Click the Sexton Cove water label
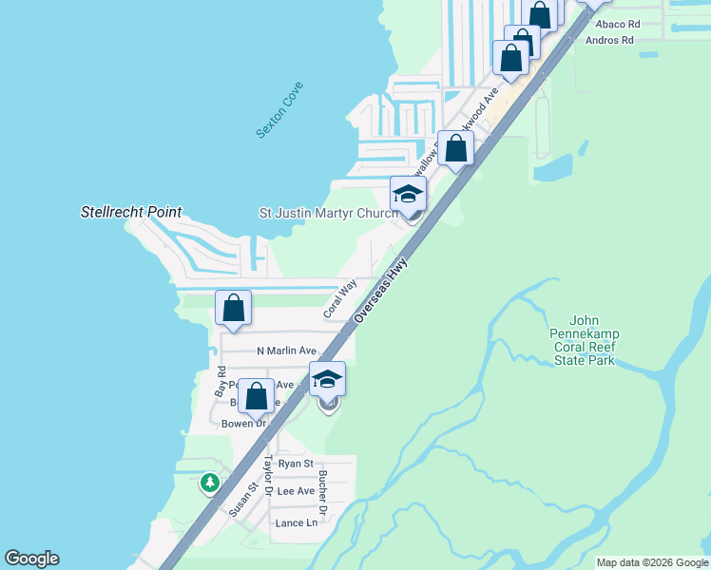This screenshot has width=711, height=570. click(x=279, y=116)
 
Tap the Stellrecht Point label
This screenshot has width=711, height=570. click(x=131, y=212)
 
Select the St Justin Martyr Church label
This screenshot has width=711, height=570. click(x=328, y=214)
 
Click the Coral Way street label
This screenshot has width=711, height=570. click(x=338, y=297)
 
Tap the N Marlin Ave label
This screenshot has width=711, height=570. click(x=286, y=351)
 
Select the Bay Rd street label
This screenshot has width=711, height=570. click(x=221, y=382)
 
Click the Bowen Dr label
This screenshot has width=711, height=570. click(x=244, y=424)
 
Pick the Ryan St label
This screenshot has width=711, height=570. click(x=295, y=464)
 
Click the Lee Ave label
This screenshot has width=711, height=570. click(x=295, y=491)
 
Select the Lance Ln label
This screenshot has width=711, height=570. click(x=296, y=523)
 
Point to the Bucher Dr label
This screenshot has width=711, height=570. click(x=323, y=492)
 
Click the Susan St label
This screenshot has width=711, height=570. click(x=242, y=500)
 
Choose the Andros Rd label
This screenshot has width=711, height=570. click(x=609, y=40)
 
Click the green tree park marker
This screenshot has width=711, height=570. click(x=209, y=483)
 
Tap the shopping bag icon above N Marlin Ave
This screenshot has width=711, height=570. click(x=234, y=308)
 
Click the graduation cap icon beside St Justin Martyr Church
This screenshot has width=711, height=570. click(x=408, y=194)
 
